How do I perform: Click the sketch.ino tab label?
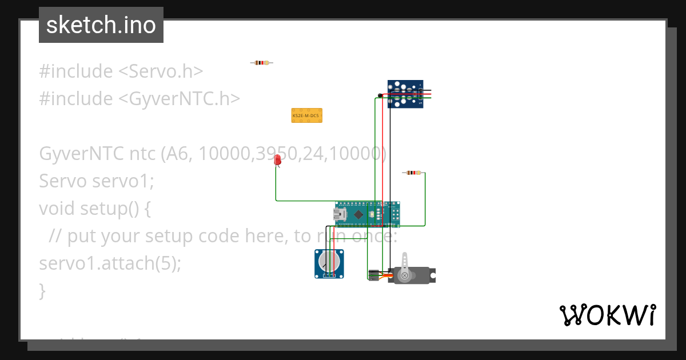[101, 25]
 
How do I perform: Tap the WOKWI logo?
[607, 315]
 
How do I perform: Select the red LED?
[278, 160]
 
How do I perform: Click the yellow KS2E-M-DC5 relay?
[306, 115]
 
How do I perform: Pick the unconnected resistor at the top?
[262, 62]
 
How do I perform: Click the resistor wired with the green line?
[413, 173]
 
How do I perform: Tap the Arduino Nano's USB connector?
[340, 215]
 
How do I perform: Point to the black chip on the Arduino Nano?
[358, 215]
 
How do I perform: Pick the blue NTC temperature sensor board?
[406, 94]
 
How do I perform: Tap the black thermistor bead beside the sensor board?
[380, 95]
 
